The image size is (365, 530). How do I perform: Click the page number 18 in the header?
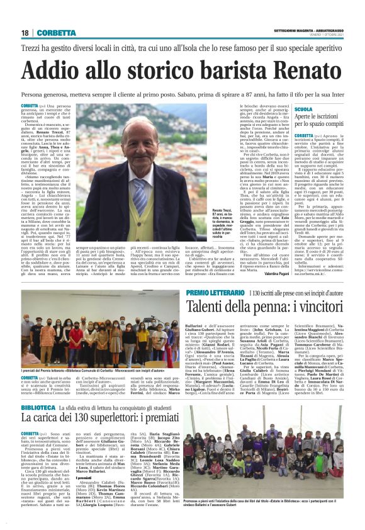[x=25, y=33]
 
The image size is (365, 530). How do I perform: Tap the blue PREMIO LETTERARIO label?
[x=198, y=293]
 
